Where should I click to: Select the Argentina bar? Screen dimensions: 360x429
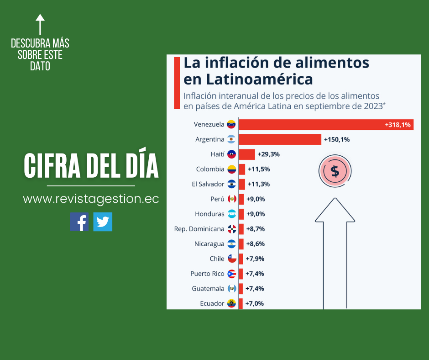click(x=279, y=139)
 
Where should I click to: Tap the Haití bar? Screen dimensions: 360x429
click(x=246, y=154)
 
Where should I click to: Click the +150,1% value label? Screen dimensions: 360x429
click(x=336, y=139)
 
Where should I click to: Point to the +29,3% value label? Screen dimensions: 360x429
click(x=268, y=154)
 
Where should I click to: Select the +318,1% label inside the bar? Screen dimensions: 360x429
click(x=398, y=124)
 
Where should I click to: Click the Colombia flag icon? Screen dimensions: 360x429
click(x=232, y=169)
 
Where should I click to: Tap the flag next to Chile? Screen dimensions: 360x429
click(x=232, y=259)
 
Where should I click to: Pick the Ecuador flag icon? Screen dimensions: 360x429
click(x=232, y=303)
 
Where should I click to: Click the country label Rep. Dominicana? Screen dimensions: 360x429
click(x=199, y=229)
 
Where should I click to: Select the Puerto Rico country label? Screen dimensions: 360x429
click(x=207, y=274)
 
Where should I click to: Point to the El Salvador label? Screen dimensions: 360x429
click(x=208, y=184)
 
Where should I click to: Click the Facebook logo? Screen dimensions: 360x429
click(x=79, y=222)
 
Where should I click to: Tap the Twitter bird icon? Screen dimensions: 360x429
click(x=103, y=222)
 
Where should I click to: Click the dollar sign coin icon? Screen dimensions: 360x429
click(x=335, y=171)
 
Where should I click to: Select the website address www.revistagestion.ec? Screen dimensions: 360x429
click(x=91, y=199)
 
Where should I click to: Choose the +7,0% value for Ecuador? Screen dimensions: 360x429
click(x=255, y=303)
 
